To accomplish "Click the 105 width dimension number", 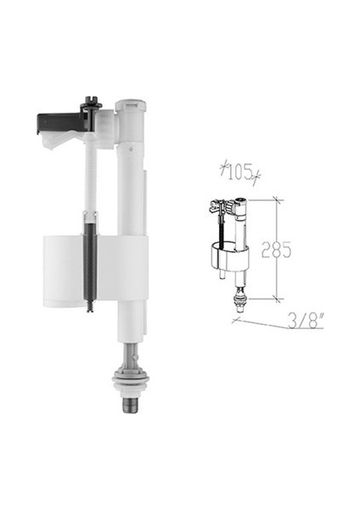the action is click(240, 172).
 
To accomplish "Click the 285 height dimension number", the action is click(277, 249).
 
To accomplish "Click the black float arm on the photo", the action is click(61, 124).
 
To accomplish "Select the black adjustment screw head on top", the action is click(91, 102).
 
